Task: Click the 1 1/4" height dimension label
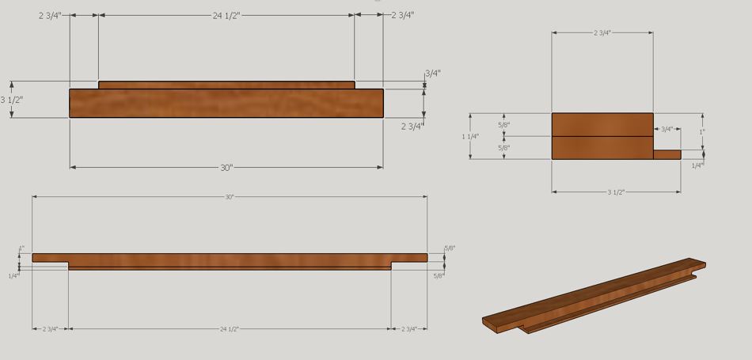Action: pos(470,137)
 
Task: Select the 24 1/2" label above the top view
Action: pos(226,15)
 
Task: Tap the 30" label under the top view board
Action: pos(226,168)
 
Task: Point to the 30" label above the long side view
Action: pos(230,196)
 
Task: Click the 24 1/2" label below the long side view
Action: pos(230,328)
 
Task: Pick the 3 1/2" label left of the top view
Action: pos(12,100)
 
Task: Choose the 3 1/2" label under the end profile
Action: pos(616,191)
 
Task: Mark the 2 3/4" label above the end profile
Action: pos(602,32)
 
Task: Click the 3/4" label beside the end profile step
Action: pos(667,129)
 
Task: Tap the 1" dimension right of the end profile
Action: pos(701,131)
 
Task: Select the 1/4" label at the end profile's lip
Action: pos(697,165)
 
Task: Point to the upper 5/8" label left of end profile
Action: pos(504,125)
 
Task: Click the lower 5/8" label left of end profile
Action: pos(504,148)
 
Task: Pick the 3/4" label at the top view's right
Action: pos(432,74)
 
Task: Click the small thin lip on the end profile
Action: pos(667,154)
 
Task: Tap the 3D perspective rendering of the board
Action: pos(594,297)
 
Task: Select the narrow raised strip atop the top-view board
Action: pos(226,85)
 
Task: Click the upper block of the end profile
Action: pos(602,124)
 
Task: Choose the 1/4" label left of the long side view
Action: pos(13,275)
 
